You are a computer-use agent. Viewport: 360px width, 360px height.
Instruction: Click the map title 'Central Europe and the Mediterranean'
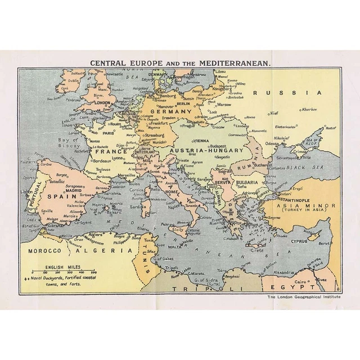[x=179, y=63]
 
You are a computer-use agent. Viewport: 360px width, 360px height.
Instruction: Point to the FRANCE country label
[x=110, y=151]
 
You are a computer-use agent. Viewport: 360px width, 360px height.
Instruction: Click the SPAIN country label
[x=58, y=196]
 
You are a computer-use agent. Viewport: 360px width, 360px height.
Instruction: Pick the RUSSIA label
[x=287, y=93]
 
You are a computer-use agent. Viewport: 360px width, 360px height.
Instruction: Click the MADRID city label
[x=74, y=191]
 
